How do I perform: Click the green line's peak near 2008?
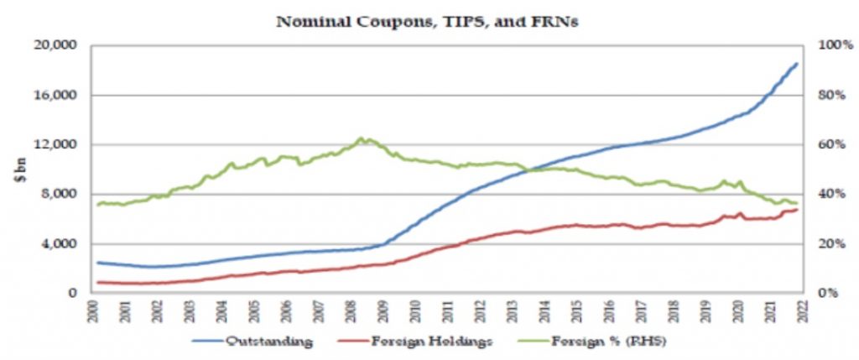click(362, 138)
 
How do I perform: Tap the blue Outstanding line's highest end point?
click(797, 63)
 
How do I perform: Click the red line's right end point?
click(797, 209)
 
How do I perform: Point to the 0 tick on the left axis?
click(75, 294)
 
